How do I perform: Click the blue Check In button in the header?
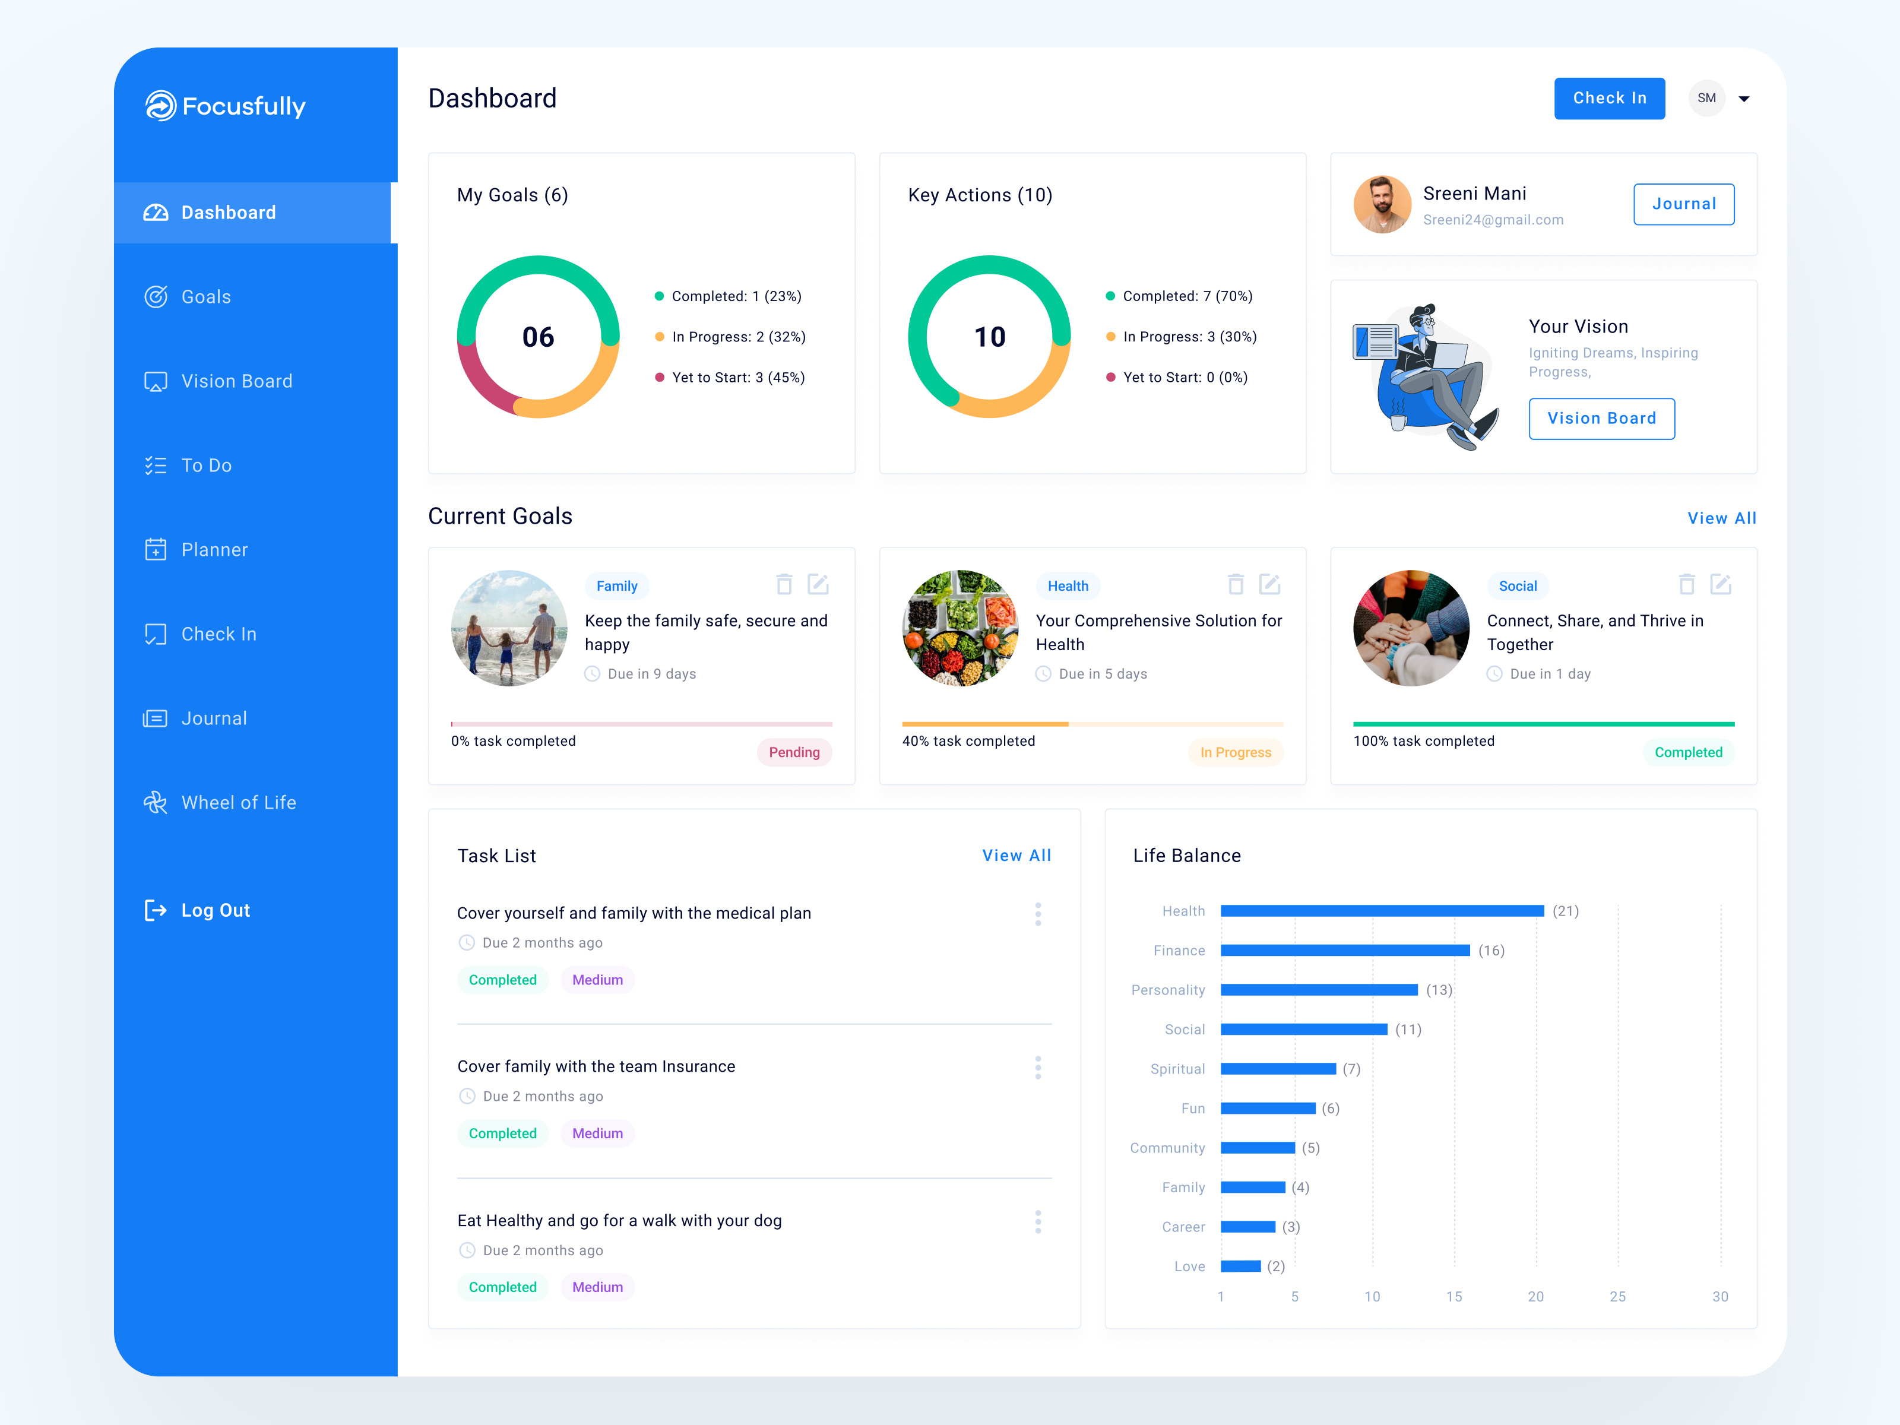(1609, 99)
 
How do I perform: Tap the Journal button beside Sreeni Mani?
(1683, 204)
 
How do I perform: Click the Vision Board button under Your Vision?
(1601, 419)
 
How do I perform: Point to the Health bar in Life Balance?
(1381, 910)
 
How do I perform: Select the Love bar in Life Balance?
(1240, 1266)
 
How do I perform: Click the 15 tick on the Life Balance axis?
(1453, 1296)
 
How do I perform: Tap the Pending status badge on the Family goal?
(794, 752)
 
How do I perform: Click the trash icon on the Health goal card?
(1235, 585)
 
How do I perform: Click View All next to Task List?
(1016, 856)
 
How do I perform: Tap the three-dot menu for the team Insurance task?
(1038, 1068)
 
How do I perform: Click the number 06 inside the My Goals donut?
(539, 337)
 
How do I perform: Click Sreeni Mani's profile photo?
(1382, 204)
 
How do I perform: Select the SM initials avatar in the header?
(1706, 99)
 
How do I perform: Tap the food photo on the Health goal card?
(960, 628)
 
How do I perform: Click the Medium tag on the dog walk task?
(597, 1287)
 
